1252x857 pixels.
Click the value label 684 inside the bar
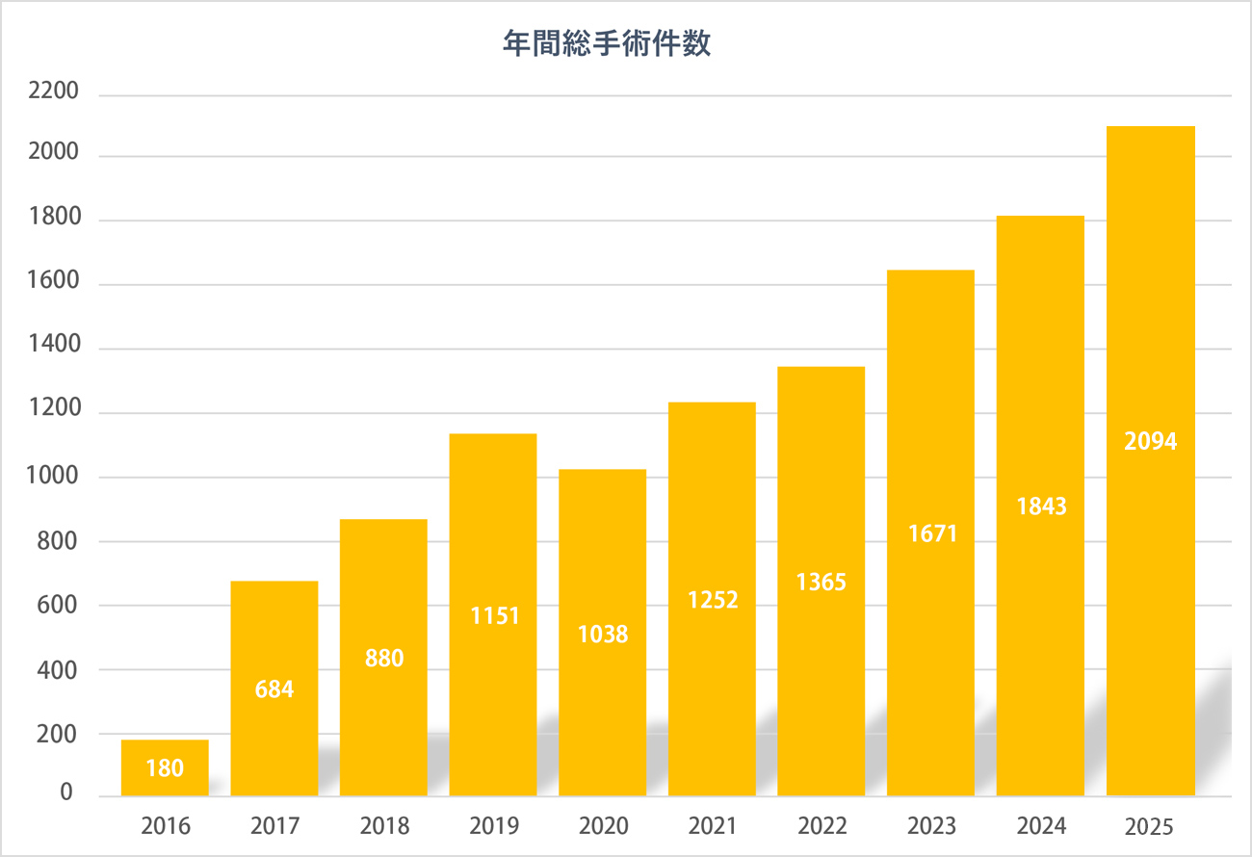pos(274,689)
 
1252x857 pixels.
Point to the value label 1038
pos(603,635)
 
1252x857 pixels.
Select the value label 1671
pos(931,532)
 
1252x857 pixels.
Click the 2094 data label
pos(1151,442)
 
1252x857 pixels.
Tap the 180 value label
pos(165,768)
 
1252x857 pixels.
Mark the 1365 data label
pos(822,583)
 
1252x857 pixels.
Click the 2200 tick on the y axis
pos(53,93)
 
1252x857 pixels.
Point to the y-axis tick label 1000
pos(53,477)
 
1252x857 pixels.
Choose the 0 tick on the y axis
pos(66,792)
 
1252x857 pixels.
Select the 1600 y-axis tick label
pos(53,284)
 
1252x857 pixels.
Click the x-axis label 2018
pos(384,826)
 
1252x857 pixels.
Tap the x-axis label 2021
pos(713,826)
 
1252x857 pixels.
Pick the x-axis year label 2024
pos(1040,826)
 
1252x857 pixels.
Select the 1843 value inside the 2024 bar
pos(1041,506)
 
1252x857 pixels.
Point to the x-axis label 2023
pos(931,826)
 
